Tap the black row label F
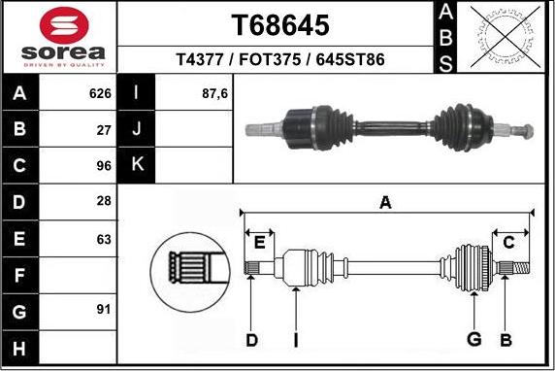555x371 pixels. [20, 275]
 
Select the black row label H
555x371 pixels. [20, 348]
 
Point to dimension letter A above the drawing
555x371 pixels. [385, 203]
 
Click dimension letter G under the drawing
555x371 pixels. [473, 338]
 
